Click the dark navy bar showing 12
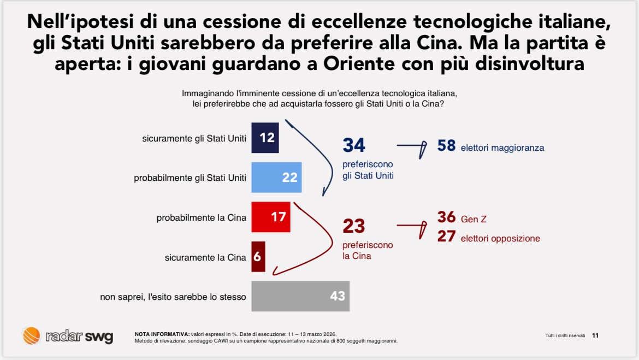[x=265, y=138]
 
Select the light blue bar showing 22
[x=276, y=178]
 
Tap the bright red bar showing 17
[x=270, y=217]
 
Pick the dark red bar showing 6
[x=258, y=257]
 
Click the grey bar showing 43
[x=300, y=296]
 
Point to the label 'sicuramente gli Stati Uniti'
[x=194, y=138]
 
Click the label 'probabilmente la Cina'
[x=202, y=217]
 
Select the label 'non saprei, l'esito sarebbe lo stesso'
[x=173, y=297]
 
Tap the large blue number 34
[x=354, y=145]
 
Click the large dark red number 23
[x=354, y=226]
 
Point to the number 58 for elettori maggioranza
[x=446, y=146]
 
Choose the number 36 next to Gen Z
[x=446, y=217]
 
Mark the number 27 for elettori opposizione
[x=446, y=237]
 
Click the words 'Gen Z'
[x=474, y=220]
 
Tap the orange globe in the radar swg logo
[x=31, y=335]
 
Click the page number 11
[x=595, y=335]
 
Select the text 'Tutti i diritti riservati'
[x=565, y=335]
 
